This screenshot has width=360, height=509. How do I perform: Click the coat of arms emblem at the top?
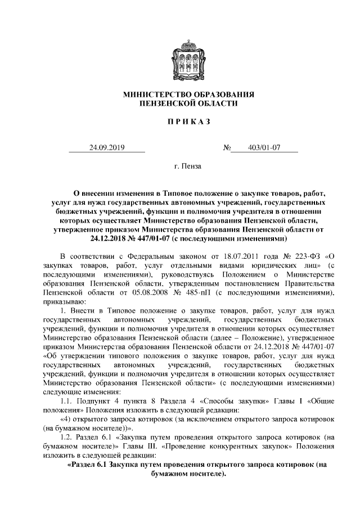(x=181, y=58)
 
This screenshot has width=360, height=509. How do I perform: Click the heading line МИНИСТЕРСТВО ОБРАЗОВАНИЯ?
(x=181, y=94)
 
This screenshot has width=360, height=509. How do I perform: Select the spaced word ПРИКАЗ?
(x=180, y=123)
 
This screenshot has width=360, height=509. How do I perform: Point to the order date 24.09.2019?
(x=106, y=148)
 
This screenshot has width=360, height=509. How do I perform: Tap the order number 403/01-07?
(x=263, y=148)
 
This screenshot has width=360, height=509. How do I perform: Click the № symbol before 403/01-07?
(x=227, y=148)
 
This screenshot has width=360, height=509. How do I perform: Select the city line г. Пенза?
(x=180, y=167)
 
